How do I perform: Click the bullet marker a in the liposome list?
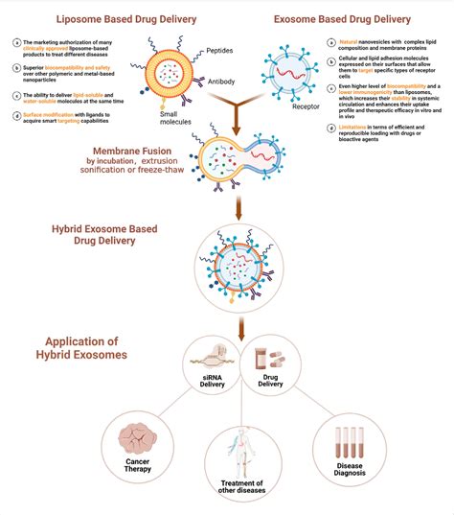click(x=18, y=41)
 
